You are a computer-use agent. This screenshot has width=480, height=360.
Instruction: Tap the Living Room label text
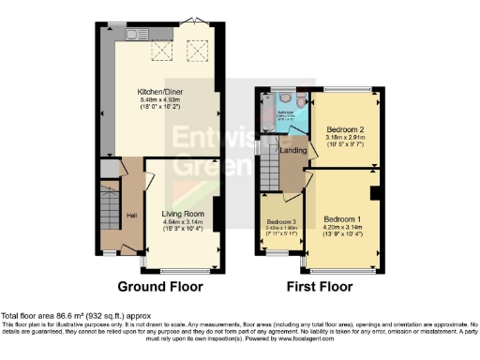click(183, 214)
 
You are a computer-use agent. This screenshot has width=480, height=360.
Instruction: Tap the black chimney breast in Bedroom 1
click(374, 193)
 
